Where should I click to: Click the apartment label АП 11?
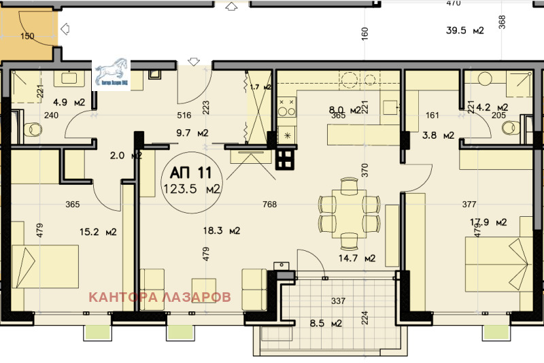186,173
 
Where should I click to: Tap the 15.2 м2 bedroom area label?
98,232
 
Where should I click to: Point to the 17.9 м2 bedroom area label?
488,222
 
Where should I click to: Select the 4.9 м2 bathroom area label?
69,103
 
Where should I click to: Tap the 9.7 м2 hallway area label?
193,133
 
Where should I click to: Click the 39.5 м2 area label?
464,29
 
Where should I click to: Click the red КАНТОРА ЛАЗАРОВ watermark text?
160,297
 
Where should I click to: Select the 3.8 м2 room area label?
439,135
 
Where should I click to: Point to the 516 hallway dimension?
183,116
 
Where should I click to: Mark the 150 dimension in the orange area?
27,36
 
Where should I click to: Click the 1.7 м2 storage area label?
260,87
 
